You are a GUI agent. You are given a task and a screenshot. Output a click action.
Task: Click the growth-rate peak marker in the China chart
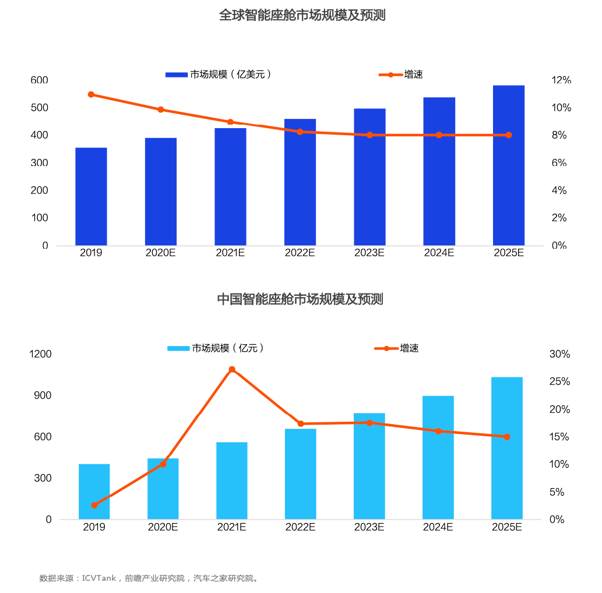point(232,369)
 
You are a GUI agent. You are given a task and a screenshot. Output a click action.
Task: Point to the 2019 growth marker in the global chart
point(91,94)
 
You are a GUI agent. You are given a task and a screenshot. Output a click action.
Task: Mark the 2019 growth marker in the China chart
point(94,505)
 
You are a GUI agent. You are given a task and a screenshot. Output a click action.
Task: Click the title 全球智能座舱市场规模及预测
point(302,16)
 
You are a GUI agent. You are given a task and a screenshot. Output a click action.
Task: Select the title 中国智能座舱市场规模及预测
point(300,299)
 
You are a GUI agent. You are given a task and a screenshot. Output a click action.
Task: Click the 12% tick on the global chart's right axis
point(561,80)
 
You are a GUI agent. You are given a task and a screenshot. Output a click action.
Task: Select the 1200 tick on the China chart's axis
point(41,354)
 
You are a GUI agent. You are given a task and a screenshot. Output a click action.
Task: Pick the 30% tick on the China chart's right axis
point(559,354)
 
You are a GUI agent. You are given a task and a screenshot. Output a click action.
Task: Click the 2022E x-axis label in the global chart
point(300,253)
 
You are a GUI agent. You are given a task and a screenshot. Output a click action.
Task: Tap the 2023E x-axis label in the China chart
point(369,527)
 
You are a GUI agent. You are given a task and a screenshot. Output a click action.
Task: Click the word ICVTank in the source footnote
point(99,578)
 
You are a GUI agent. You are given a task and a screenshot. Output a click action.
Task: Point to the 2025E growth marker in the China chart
point(507,437)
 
